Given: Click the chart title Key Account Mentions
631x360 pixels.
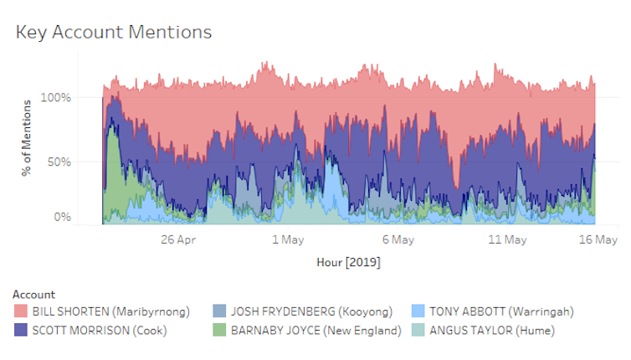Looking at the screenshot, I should (114, 32).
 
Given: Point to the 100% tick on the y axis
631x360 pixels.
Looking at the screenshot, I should (56, 98).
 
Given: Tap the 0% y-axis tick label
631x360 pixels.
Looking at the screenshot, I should (63, 217).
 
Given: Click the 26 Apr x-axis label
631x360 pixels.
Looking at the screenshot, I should (178, 239).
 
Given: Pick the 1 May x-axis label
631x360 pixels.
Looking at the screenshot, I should (288, 239).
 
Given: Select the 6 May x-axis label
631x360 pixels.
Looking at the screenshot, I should (398, 239).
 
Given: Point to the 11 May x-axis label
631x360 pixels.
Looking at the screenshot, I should (507, 239).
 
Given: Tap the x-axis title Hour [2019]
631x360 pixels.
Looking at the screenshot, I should (348, 262).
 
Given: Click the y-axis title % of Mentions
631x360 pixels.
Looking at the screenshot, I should (28, 138).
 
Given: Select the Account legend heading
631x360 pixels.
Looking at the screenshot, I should (34, 295).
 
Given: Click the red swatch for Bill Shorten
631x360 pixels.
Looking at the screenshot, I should (21, 311).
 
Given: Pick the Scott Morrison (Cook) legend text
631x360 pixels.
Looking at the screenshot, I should (100, 330).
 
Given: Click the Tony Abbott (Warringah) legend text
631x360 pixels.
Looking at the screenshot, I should (501, 312).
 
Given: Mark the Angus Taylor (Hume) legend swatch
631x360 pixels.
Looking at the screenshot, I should (418, 330).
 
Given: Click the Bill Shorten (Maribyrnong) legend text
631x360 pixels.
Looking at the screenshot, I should (110, 312).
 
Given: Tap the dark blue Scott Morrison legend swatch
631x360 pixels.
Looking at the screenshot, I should (21, 330).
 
